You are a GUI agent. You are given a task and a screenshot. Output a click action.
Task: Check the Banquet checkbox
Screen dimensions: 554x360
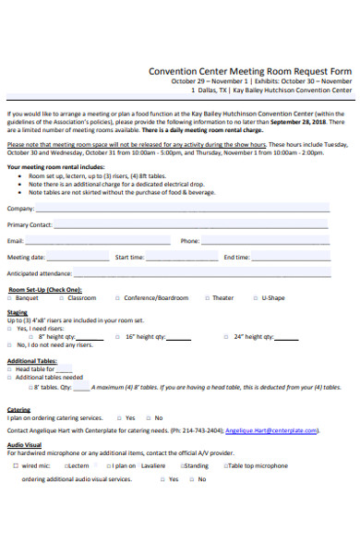(x=9, y=298)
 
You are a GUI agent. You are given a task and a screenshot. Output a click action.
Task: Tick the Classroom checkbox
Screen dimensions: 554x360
(x=62, y=298)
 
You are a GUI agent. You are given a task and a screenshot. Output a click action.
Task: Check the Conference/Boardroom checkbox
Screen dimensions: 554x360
(x=117, y=298)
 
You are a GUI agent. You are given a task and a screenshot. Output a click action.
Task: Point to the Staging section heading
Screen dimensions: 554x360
(x=18, y=313)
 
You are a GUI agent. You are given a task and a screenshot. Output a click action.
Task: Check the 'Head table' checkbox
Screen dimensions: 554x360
(x=9, y=369)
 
